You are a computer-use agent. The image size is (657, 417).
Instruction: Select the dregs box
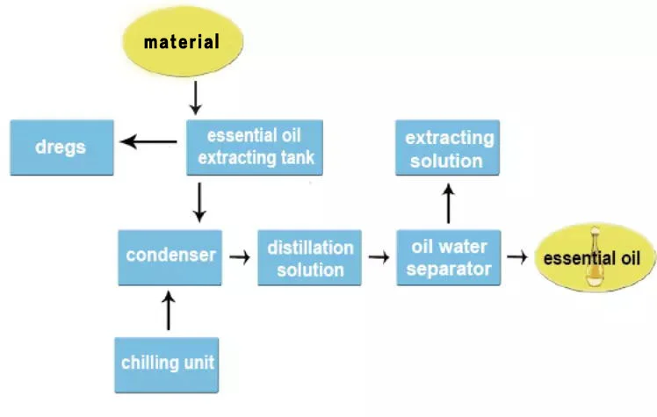pos(61,147)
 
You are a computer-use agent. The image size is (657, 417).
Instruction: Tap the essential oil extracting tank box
pos(255,147)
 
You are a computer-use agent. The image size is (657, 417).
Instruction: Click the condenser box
pos(170,256)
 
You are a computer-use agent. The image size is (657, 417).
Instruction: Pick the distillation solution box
pos(310,258)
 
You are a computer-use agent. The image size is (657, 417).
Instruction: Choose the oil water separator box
pos(448,258)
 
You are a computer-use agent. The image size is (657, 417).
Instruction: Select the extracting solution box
pos(448,147)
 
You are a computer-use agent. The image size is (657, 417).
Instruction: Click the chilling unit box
pos(166,363)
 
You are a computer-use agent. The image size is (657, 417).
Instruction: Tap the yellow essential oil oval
pos(598,259)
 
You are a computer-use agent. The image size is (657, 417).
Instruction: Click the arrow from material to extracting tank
pos(196,98)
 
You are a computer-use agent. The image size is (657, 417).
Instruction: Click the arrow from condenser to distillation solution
pos(237,257)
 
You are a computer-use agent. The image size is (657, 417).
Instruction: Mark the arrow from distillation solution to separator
pos(379,257)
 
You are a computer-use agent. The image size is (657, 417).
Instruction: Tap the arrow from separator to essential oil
pos(518,257)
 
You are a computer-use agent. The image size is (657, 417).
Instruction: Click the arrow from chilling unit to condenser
pos(170,310)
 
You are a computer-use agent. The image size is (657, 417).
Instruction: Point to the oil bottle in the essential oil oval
pos(598,263)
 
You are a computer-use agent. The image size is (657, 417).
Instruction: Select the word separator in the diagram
pos(448,269)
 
